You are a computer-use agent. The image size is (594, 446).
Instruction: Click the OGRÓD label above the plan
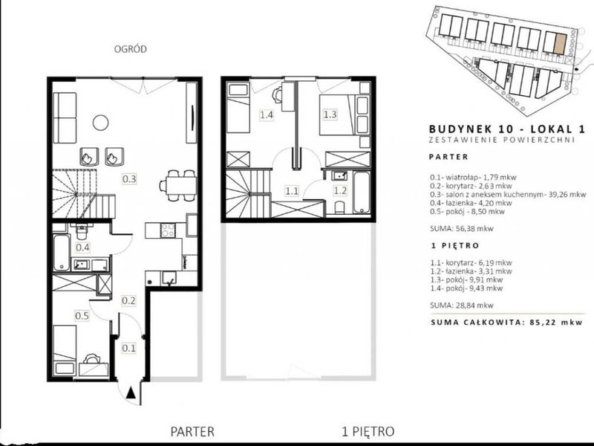131,49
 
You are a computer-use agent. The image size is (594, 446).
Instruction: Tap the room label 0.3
129,178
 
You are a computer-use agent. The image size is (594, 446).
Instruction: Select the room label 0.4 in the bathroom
82,248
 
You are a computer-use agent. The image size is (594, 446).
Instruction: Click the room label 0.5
82,315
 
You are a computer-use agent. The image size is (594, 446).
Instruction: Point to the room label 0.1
128,348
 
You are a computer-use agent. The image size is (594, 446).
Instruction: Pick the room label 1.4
267,114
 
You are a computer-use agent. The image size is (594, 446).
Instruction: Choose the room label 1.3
330,114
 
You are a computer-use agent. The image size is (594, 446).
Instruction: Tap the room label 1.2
340,190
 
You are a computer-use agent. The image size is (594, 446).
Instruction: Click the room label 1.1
292,190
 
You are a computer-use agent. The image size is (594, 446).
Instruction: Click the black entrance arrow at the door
131,393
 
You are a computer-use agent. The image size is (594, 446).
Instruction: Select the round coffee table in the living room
100,123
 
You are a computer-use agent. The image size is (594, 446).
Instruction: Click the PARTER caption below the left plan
192,432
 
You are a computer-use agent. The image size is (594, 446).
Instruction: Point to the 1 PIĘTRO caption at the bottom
368,432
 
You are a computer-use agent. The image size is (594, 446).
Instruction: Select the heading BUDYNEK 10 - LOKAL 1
507,129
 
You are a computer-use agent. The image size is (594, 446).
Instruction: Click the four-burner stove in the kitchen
168,230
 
